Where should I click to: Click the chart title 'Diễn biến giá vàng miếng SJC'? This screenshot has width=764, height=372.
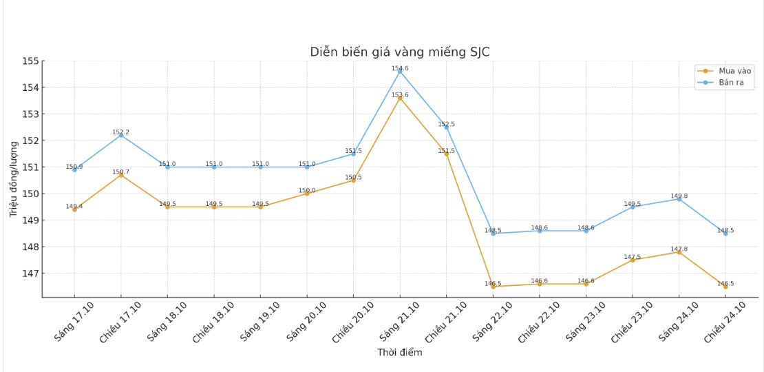400,52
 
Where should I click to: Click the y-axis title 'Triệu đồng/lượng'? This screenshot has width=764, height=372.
14,179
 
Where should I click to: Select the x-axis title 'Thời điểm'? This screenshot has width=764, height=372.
400,353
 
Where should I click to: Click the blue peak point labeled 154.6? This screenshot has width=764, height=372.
400,72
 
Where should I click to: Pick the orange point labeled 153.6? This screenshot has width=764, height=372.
400,98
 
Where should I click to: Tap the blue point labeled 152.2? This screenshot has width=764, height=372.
121,135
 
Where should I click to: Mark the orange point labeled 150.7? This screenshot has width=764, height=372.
121,175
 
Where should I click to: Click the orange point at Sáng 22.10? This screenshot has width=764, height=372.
493,287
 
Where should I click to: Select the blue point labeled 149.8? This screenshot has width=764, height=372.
679,199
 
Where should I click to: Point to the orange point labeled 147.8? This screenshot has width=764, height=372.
679,252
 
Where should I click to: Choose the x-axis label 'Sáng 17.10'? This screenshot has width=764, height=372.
74,321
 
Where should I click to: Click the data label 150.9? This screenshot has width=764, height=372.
74,167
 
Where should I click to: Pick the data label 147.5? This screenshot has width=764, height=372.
632,257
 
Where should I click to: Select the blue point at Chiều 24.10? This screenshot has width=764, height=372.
725,234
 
